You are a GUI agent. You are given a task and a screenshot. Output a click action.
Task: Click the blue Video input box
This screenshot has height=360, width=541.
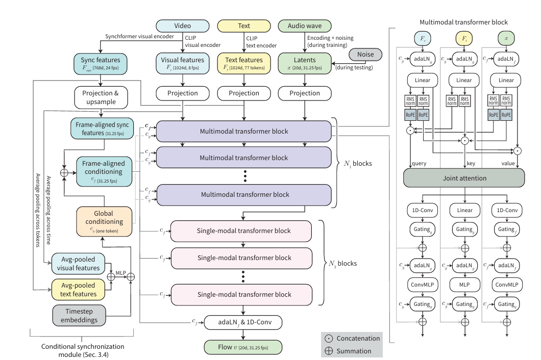(x=183, y=25)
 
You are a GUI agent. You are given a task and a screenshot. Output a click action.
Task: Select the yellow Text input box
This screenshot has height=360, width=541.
(x=243, y=25)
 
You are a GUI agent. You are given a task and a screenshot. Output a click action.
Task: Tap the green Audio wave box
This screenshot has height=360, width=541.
(x=305, y=25)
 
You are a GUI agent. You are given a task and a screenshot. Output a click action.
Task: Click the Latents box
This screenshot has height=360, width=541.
(x=305, y=63)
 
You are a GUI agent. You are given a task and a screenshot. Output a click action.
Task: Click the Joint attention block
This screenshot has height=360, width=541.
(x=464, y=178)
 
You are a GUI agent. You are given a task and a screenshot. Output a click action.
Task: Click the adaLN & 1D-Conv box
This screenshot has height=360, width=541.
(x=243, y=322)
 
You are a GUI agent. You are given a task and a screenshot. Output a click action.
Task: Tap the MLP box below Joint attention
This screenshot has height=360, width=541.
(x=464, y=283)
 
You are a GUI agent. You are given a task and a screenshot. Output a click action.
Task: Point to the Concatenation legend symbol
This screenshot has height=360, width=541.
(x=329, y=339)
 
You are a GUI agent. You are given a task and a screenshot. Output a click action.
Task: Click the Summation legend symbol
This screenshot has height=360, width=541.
(x=329, y=351)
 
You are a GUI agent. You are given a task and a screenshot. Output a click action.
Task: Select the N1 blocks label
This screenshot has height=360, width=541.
(x=358, y=164)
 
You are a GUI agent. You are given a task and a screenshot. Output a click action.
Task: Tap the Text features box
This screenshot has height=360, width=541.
(x=243, y=63)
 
